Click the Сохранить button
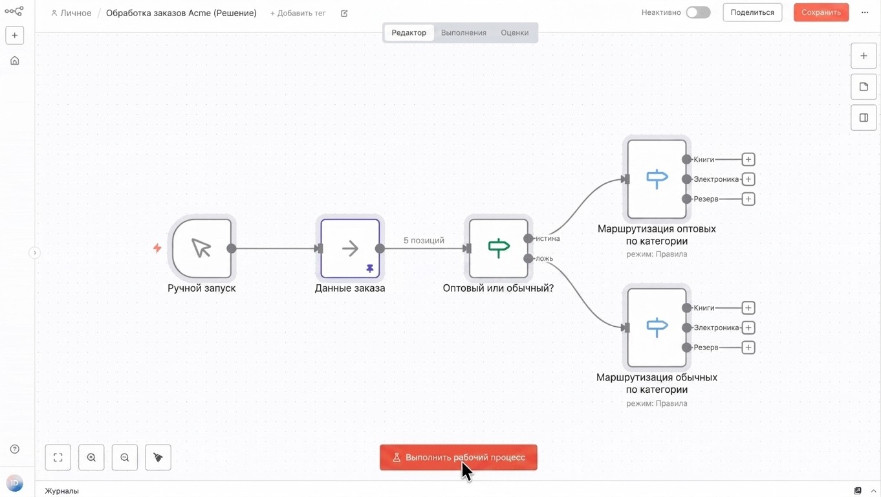click(821, 12)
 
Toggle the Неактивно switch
click(698, 12)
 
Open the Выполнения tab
click(463, 32)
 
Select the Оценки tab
click(514, 32)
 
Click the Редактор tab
click(409, 32)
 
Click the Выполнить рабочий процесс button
click(458, 458)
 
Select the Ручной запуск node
click(202, 248)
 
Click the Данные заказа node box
click(350, 248)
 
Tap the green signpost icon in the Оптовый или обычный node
click(499, 248)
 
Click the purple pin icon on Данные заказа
click(370, 269)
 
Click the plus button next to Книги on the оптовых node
click(748, 159)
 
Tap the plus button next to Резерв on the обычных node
click(748, 348)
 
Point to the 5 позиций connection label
click(424, 240)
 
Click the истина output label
click(548, 238)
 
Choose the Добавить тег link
click(298, 13)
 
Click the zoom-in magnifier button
click(91, 458)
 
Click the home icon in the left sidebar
click(14, 61)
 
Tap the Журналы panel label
click(61, 491)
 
